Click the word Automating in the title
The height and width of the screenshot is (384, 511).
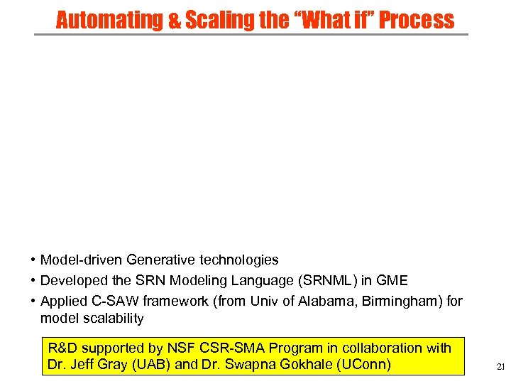pyautogui.click(x=109, y=20)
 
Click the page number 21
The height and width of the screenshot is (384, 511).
pyautogui.click(x=500, y=367)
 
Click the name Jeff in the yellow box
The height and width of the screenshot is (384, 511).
pyautogui.click(x=81, y=366)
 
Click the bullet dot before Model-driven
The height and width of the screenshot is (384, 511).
pyautogui.click(x=33, y=261)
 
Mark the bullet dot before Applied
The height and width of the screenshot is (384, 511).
pyautogui.click(x=33, y=301)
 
